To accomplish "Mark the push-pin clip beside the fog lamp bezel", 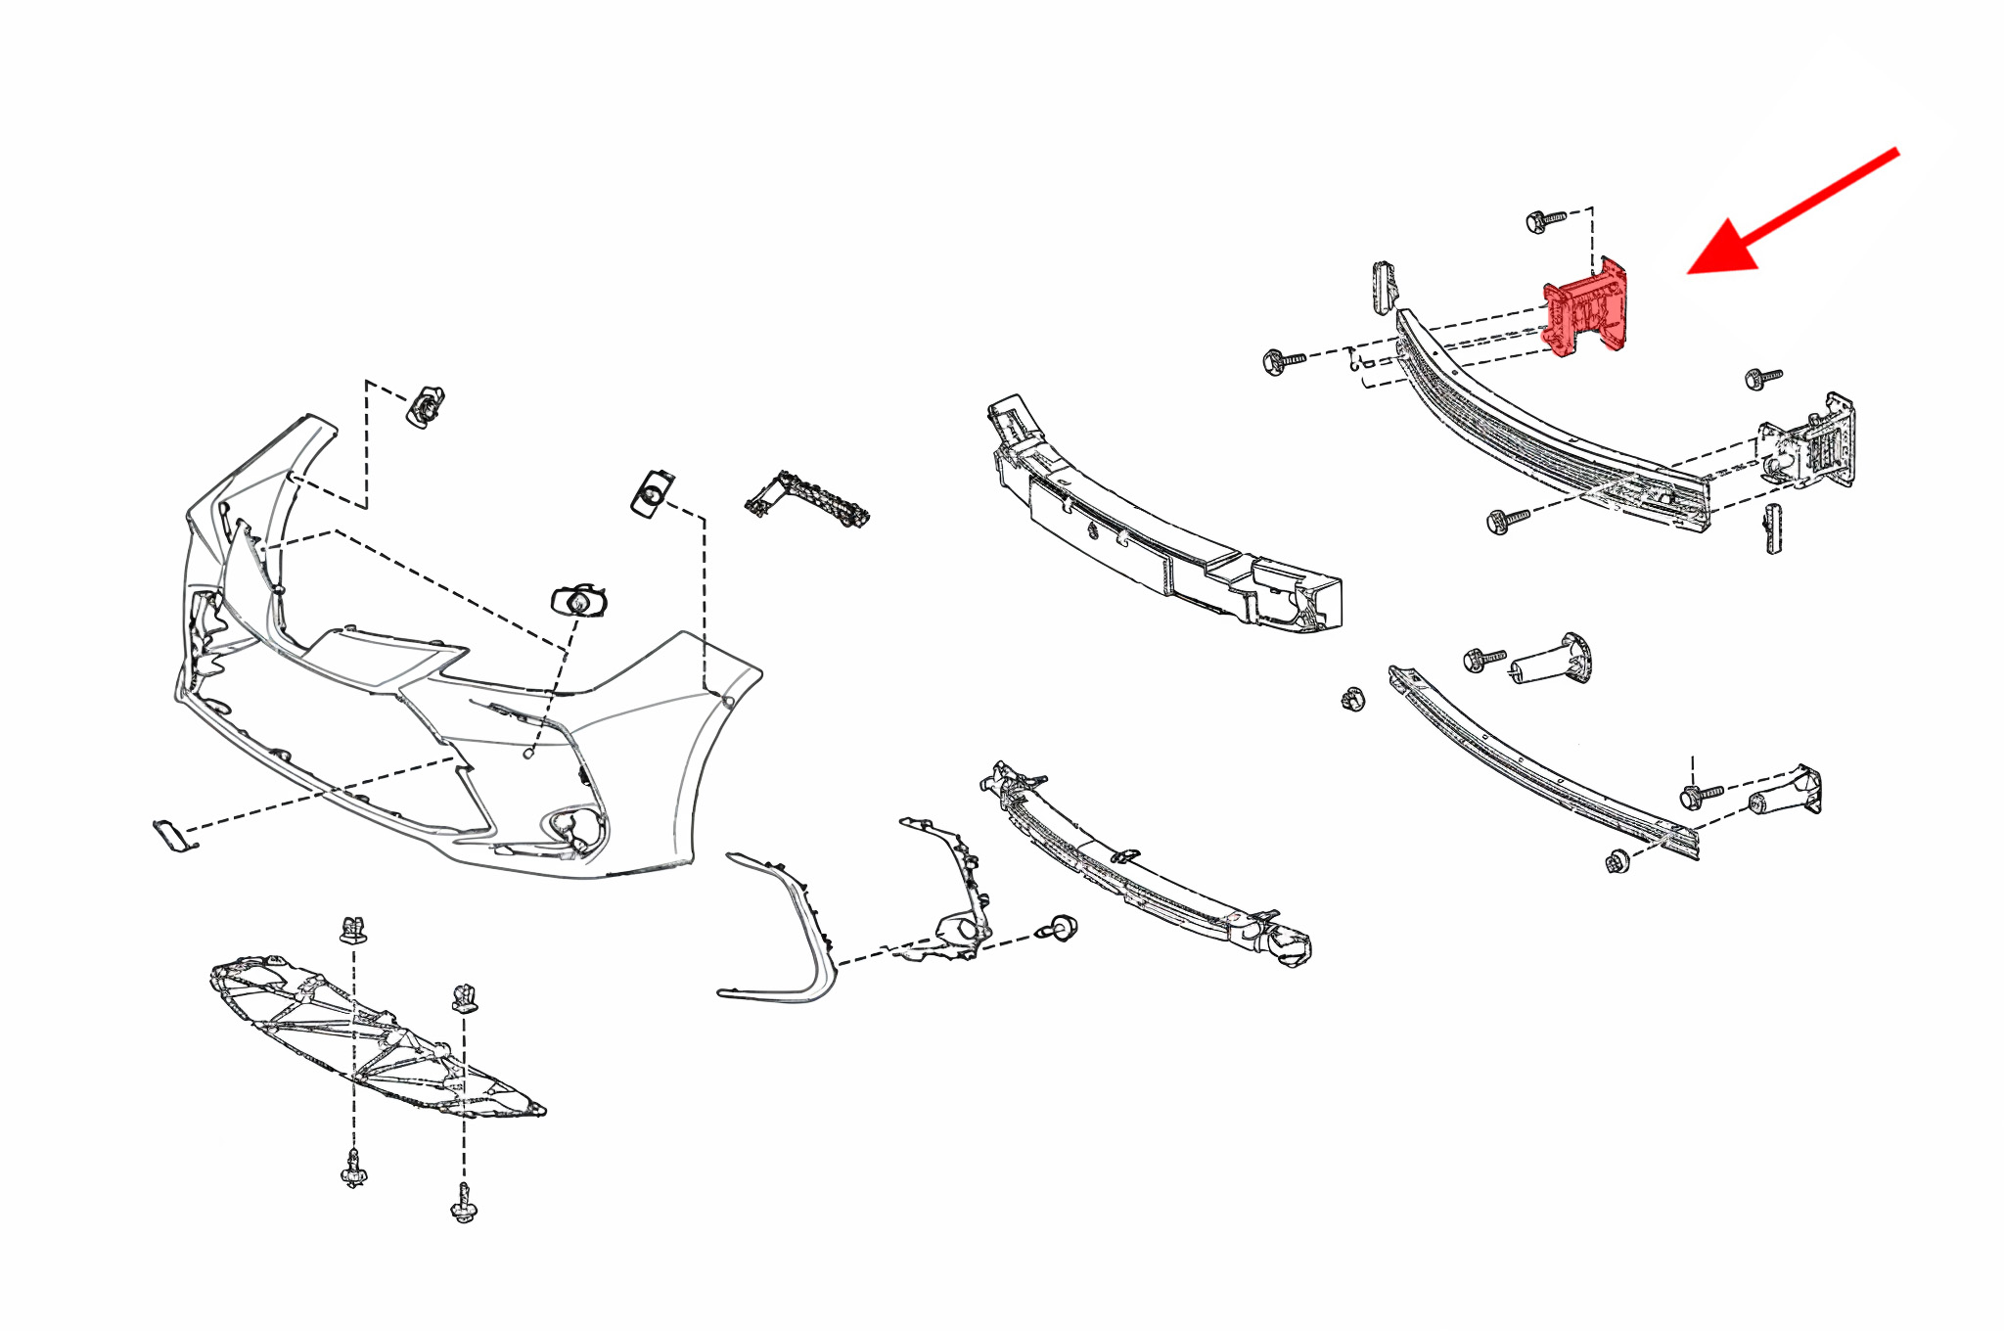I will [1061, 926].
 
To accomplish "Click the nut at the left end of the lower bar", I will [1352, 699].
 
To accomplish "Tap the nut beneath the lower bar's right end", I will [1617, 862].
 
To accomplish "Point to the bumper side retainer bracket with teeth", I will [807, 499].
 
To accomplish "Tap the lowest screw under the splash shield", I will [464, 1205].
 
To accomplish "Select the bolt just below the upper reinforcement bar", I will [1506, 520].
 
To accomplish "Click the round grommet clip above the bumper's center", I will [578, 601].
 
